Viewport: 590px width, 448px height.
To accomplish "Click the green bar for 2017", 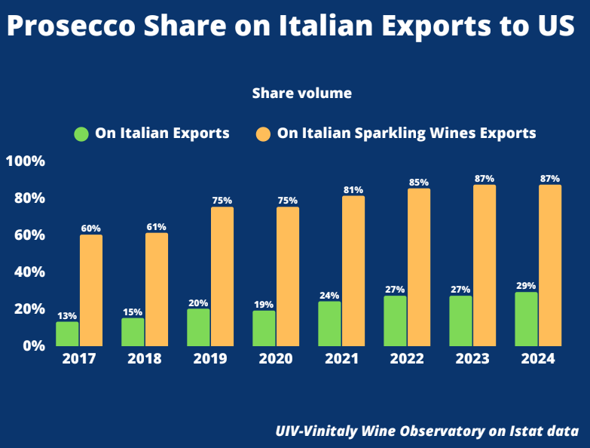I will pyautogui.click(x=67, y=333).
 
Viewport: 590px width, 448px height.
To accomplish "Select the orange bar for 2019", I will pyautogui.click(x=222, y=275).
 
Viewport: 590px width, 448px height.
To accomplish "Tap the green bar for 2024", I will pyautogui.click(x=526, y=318).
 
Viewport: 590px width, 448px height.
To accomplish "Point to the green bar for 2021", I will pyautogui.click(x=329, y=323).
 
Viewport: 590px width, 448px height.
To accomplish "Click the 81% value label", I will pyautogui.click(x=353, y=190).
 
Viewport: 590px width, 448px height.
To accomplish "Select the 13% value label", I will pyautogui.click(x=67, y=316).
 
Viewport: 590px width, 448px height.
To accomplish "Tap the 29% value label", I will pyautogui.click(x=526, y=286).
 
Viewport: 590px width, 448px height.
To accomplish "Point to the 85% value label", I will pyautogui.click(x=419, y=183).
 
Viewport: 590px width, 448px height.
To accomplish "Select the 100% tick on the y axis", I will pyautogui.click(x=26, y=161).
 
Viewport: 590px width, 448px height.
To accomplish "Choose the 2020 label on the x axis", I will pyautogui.click(x=275, y=359).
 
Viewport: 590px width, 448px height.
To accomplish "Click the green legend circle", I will pyautogui.click(x=81, y=134).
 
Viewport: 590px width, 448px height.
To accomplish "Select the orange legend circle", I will pyautogui.click(x=263, y=134).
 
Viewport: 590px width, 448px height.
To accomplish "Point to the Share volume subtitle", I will pyautogui.click(x=301, y=94).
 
